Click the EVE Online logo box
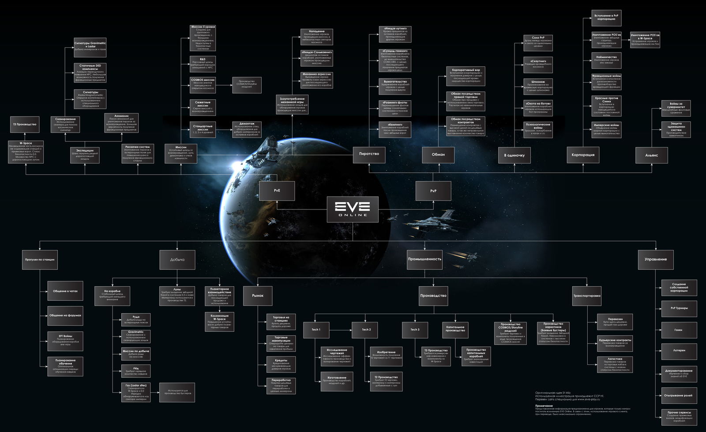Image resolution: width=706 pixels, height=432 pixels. tap(353, 209)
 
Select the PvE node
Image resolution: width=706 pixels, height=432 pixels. tap(277, 190)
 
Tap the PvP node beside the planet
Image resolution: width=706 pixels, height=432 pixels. tap(433, 191)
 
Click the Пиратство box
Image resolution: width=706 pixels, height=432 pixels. tap(369, 154)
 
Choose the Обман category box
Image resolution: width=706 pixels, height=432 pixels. tap(438, 155)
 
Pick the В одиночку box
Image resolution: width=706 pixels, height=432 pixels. tap(514, 155)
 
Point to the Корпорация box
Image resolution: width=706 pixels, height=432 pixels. tap(583, 155)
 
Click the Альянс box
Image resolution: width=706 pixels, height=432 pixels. tap(651, 155)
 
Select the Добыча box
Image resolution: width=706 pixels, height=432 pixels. tap(177, 260)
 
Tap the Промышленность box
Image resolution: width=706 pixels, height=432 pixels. tap(424, 259)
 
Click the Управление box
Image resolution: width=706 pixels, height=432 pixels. tap(656, 259)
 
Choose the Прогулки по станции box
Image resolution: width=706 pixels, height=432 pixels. tap(40, 260)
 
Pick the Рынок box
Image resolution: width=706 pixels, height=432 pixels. tap(258, 296)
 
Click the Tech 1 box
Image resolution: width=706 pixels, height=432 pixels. tap(316, 330)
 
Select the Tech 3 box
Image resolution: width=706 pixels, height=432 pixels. tap(415, 330)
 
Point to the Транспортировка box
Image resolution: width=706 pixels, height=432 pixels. tap(586, 296)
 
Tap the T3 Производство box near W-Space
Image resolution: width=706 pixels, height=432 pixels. tap(25, 125)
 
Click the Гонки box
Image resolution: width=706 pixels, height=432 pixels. tap(679, 330)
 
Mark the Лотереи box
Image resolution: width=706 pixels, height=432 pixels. tap(679, 350)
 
